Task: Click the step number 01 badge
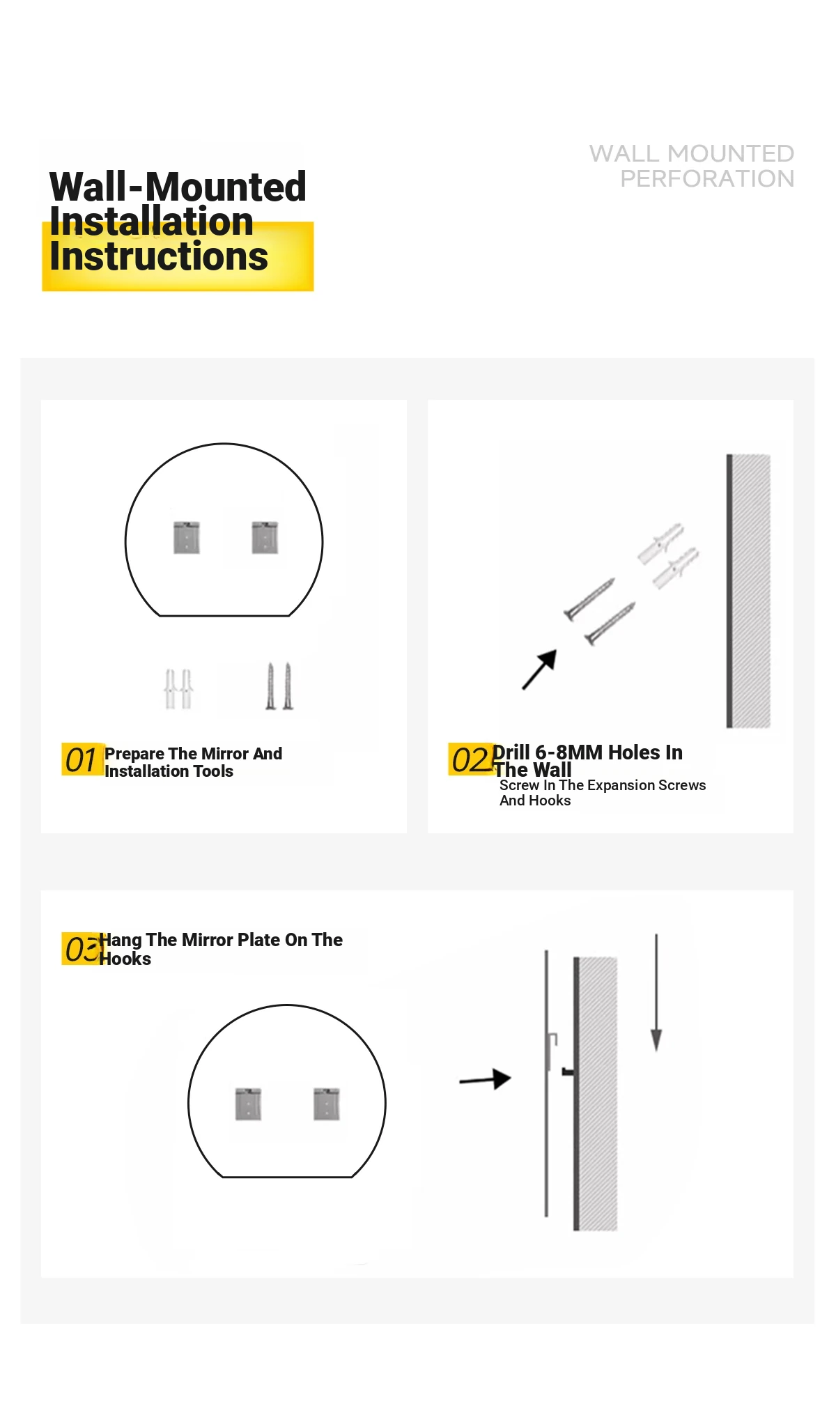click(x=82, y=759)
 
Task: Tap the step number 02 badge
click(x=470, y=759)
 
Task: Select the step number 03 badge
click(x=83, y=948)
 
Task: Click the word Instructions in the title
click(x=159, y=256)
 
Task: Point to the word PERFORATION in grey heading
click(x=707, y=179)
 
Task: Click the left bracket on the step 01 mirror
click(x=187, y=537)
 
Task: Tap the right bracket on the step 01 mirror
click(x=265, y=537)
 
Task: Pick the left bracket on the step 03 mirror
click(x=248, y=1104)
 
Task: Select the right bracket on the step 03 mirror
click(x=327, y=1104)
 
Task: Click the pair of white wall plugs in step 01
click(x=178, y=688)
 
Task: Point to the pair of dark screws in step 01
click(x=279, y=686)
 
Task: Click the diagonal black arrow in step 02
click(x=540, y=670)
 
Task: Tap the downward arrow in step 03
click(x=656, y=993)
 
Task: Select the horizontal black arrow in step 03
click(x=486, y=1079)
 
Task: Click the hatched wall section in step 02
click(x=752, y=591)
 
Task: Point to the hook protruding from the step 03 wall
click(x=568, y=1072)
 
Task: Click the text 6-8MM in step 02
click(x=568, y=752)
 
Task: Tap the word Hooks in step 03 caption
click(x=125, y=959)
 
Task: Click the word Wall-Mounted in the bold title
click(x=178, y=187)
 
